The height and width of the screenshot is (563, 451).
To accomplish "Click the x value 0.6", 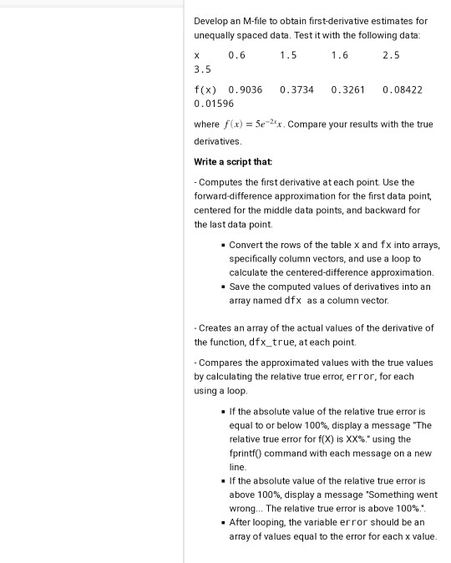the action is pos(237,55).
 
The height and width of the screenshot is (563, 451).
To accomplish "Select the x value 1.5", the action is pos(288,55).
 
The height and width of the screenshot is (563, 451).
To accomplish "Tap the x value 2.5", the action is pos(391,55).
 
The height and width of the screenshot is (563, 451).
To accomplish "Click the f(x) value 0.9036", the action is pos(246,89).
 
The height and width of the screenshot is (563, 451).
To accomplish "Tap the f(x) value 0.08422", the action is pos(403,89).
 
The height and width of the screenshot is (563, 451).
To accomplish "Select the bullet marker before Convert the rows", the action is pos(221,246).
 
